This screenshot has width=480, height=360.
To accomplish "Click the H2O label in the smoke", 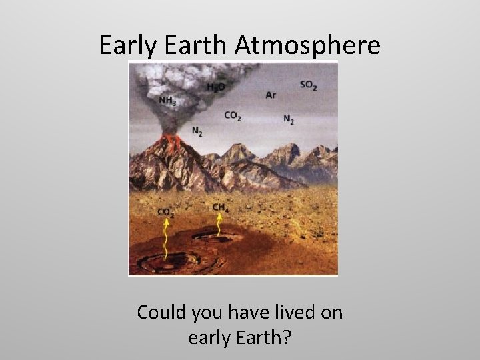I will [215, 87].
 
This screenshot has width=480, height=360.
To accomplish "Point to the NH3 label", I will [168, 101].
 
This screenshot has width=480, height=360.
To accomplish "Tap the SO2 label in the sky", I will [308, 85].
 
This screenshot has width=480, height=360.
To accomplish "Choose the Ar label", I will [271, 95].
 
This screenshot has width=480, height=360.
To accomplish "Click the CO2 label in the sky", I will [233, 116].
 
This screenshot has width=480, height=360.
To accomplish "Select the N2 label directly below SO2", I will [289, 119].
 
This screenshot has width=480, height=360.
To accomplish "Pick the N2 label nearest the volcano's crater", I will [197, 131].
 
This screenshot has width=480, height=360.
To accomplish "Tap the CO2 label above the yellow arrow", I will [166, 213].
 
